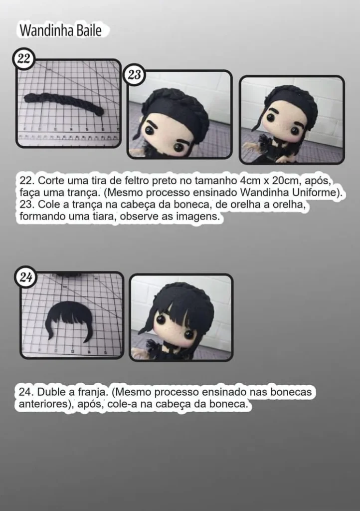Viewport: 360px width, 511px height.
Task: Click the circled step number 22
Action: coord(23,59)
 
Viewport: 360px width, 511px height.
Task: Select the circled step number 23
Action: coord(134,75)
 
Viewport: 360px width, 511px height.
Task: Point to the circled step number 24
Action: coord(25,278)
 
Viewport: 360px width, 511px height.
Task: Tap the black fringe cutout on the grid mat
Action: coord(69,320)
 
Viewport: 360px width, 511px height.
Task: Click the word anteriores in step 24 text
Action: coord(43,405)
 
